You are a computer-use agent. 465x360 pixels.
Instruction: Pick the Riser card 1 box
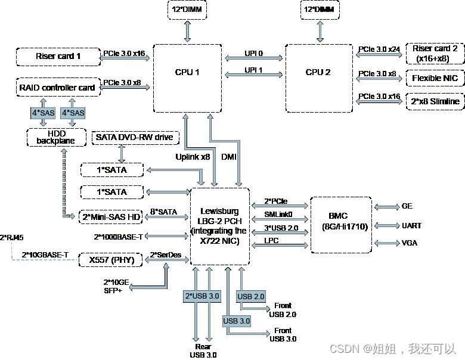pos(58,57)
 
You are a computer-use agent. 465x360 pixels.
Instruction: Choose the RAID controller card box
pos(58,88)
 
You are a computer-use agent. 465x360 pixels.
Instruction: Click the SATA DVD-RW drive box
pos(134,138)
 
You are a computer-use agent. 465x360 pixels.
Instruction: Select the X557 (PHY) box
pos(111,260)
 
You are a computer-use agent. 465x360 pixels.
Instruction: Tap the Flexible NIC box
pos(435,78)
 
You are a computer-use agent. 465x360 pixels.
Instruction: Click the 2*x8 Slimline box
pos(435,101)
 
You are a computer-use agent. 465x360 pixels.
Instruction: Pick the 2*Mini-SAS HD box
pos(111,216)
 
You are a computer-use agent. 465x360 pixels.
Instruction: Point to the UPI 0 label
pos(253,54)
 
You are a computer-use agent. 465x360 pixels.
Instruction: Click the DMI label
pos(228,157)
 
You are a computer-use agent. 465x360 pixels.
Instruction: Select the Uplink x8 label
pos(192,157)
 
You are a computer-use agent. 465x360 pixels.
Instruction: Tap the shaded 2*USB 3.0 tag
pos(201,296)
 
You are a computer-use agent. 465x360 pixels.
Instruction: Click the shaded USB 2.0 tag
pos(251,296)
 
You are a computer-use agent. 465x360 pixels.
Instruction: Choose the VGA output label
pos(410,243)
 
